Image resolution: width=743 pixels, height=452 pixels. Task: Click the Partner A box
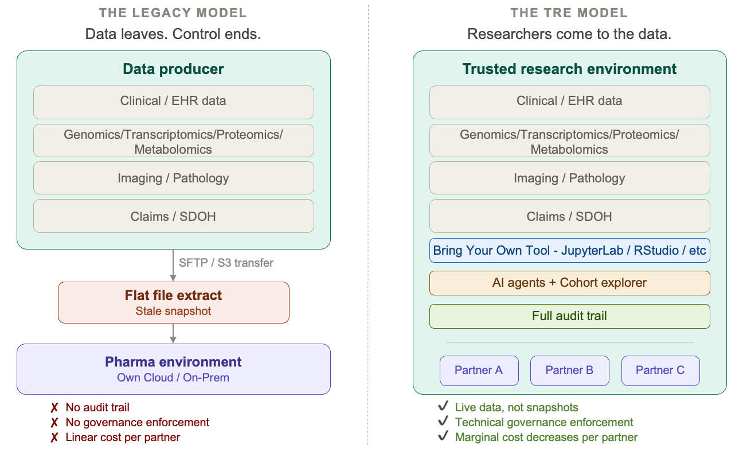(x=479, y=371)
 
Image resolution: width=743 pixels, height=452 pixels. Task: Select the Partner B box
(x=569, y=371)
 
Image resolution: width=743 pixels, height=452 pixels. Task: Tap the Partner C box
(x=660, y=371)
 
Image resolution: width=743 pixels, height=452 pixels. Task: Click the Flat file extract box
(x=173, y=302)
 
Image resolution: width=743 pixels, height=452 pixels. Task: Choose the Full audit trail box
(x=569, y=316)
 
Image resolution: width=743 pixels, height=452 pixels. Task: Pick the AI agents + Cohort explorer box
(x=569, y=283)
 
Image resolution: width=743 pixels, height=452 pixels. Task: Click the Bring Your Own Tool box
(x=569, y=251)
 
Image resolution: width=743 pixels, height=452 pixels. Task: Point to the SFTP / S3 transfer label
(x=226, y=263)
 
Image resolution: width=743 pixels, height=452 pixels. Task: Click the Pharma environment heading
(x=173, y=362)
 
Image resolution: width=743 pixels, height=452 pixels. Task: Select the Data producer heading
(x=173, y=69)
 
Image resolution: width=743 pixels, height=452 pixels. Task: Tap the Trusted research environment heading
(x=569, y=69)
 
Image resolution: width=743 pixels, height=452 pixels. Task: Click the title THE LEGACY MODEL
(x=173, y=13)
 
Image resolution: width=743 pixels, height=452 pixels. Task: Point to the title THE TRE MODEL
(x=569, y=13)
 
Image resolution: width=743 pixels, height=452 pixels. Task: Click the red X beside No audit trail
(x=54, y=408)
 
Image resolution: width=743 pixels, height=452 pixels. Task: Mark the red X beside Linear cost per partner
(x=54, y=438)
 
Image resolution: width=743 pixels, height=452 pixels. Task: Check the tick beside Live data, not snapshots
(x=443, y=407)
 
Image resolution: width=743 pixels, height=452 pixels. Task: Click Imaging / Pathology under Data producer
(x=173, y=178)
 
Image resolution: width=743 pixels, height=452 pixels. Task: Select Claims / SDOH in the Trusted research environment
(x=569, y=216)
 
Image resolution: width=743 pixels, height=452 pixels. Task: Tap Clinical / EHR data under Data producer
(x=173, y=102)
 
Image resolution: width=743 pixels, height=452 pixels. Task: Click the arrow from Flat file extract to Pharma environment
(x=173, y=333)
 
